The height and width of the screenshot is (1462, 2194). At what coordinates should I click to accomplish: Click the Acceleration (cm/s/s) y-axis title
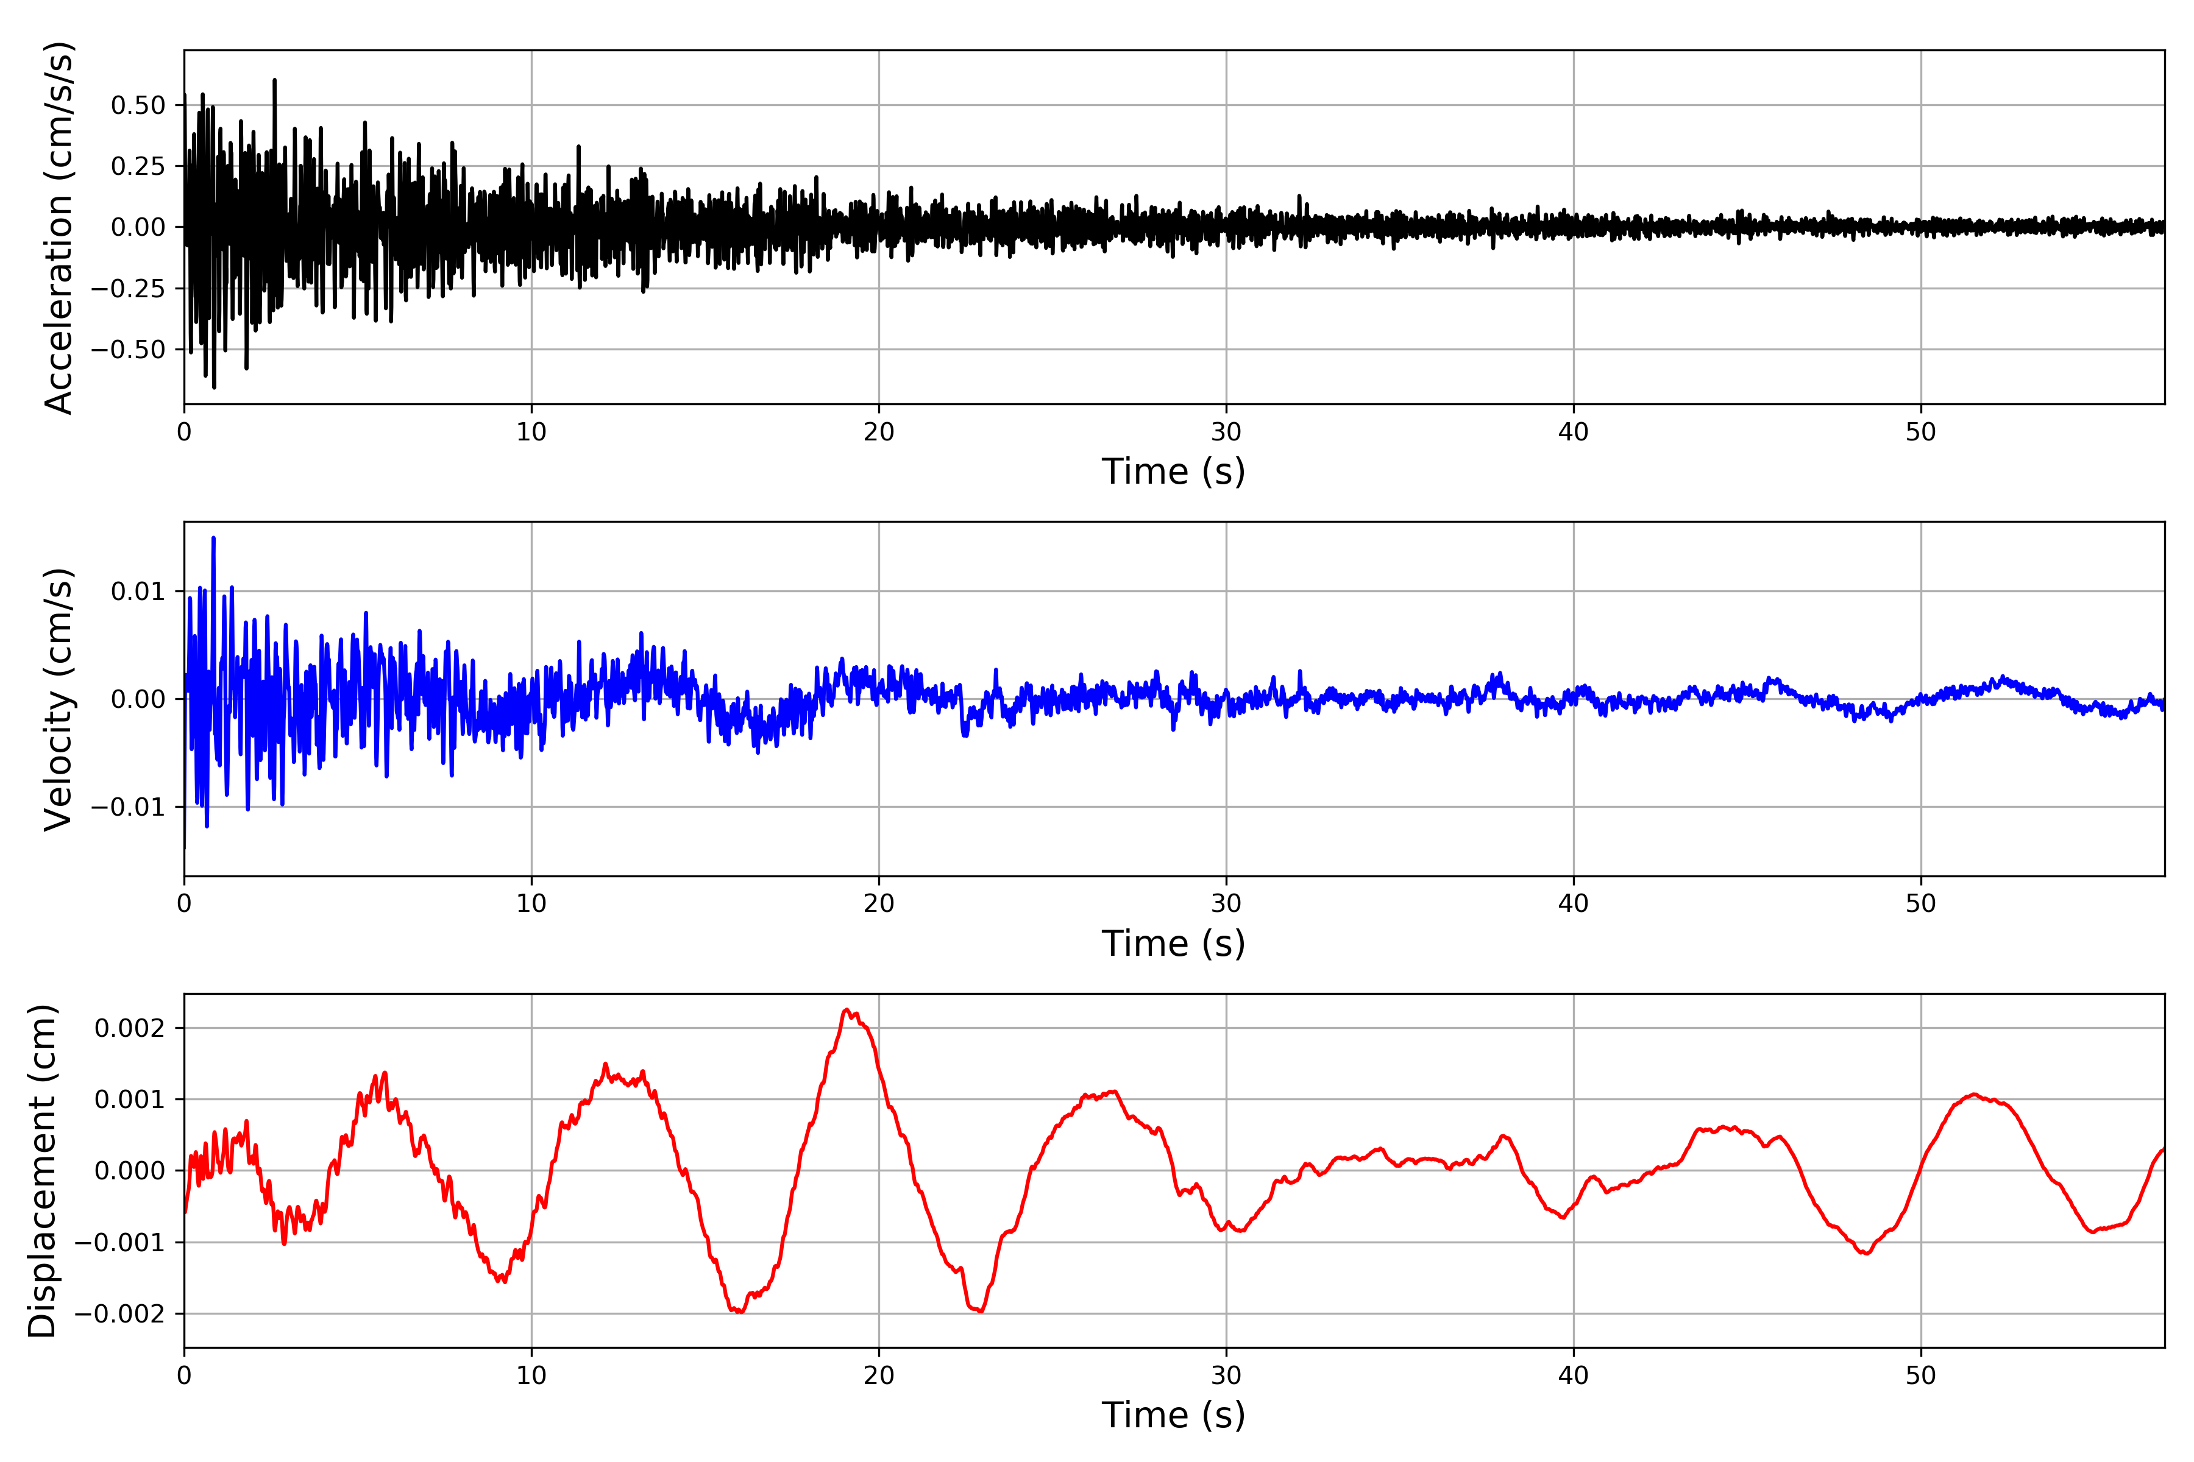(x=59, y=227)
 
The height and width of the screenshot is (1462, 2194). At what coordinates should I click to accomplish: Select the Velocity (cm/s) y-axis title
(x=59, y=699)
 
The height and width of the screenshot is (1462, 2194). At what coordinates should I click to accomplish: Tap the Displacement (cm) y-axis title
(x=42, y=1171)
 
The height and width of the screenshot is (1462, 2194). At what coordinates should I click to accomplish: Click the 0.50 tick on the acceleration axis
(x=138, y=105)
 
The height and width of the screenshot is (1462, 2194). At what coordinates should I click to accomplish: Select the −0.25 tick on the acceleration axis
(x=128, y=289)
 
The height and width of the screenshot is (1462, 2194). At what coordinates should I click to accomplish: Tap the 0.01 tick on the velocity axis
(x=138, y=591)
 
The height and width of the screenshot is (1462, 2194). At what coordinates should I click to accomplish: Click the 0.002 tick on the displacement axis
(x=130, y=1028)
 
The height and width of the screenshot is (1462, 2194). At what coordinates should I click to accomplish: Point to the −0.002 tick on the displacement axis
(x=119, y=1315)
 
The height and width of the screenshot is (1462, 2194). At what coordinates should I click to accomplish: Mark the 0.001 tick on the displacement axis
(x=130, y=1100)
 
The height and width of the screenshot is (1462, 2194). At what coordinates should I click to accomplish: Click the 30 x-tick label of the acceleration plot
(x=1226, y=433)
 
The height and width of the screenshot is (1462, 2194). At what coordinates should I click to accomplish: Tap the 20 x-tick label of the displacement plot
(x=879, y=1376)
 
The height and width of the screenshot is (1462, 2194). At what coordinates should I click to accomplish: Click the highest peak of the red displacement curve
(x=846, y=1010)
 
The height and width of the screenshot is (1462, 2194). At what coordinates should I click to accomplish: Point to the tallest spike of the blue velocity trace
(x=214, y=538)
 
